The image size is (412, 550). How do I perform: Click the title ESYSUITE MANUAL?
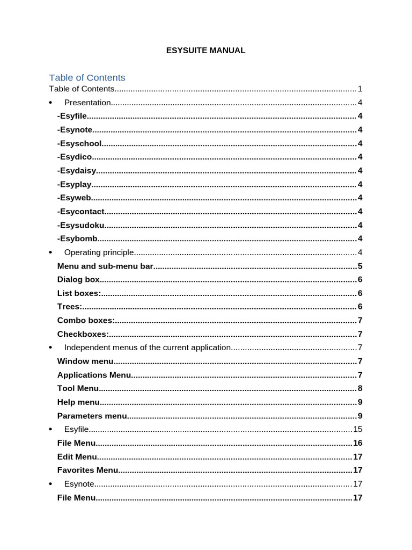pyautogui.click(x=205, y=50)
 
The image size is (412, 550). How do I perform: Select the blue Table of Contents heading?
pyautogui.click(x=87, y=77)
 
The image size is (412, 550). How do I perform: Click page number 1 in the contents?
pyautogui.click(x=360, y=89)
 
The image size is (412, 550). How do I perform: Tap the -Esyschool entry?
pyautogui.click(x=79, y=143)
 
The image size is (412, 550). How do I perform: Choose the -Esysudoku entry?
pyautogui.click(x=81, y=226)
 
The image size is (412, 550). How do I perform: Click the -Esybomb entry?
pyautogui.click(x=77, y=239)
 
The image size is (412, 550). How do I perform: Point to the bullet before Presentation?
pyautogui.click(x=50, y=103)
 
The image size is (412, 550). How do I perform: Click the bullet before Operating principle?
pyautogui.click(x=50, y=252)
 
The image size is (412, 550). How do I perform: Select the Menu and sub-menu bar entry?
pyautogui.click(x=105, y=266)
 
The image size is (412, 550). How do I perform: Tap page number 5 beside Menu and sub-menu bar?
pyautogui.click(x=360, y=266)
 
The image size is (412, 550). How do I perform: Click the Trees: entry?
pyautogui.click(x=70, y=307)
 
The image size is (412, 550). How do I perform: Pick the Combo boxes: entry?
pyautogui.click(x=86, y=321)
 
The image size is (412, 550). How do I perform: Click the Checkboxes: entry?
pyautogui.click(x=83, y=334)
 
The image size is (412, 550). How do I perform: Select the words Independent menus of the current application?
pyautogui.click(x=148, y=348)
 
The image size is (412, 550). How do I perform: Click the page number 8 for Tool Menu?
pyautogui.click(x=360, y=389)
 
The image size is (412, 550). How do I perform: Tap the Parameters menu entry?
pyautogui.click(x=92, y=416)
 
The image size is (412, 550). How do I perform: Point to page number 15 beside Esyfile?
pyautogui.click(x=358, y=429)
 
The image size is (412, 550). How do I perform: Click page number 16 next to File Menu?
pyautogui.click(x=358, y=443)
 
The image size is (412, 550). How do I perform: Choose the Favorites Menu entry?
pyautogui.click(x=87, y=471)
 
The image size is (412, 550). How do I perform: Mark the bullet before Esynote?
pyautogui.click(x=50, y=484)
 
